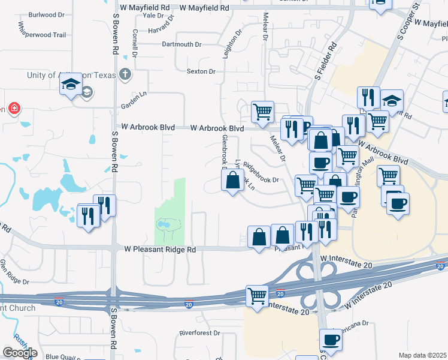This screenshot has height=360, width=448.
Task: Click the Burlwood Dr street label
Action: pos(42,14)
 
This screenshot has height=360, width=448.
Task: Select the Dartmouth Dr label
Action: pos(182,44)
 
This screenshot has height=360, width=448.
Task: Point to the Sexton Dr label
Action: pos(201,71)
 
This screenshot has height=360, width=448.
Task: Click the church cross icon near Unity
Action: pos(125,75)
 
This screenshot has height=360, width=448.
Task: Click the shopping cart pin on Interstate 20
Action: pos(258,296)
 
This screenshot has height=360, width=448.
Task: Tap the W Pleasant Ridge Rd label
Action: pos(161,249)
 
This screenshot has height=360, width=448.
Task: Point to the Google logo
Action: pos(20,353)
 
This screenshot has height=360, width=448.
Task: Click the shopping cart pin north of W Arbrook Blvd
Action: pos(262,112)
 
